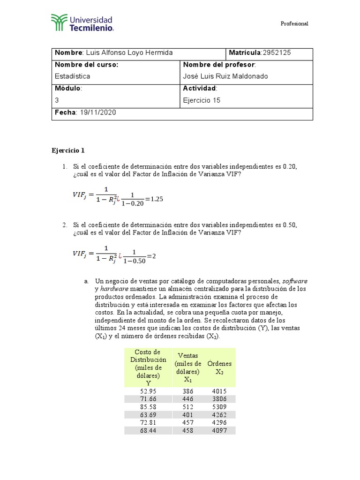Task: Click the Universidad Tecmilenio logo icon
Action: pos(59,22)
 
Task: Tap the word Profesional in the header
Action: pos(294,24)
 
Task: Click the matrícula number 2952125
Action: pos(277,52)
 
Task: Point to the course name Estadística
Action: pos(73,76)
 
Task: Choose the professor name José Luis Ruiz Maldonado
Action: pos(226,76)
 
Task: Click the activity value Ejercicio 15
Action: pos(202,100)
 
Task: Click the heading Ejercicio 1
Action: pos(68,150)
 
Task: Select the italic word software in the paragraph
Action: pos(295,281)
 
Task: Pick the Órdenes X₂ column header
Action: pos(219,367)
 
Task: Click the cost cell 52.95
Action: pos(148,390)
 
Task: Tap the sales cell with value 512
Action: pos(187,406)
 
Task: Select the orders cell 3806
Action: pos(219,398)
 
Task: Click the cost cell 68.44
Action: pos(148,430)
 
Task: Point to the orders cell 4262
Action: pos(219,414)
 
